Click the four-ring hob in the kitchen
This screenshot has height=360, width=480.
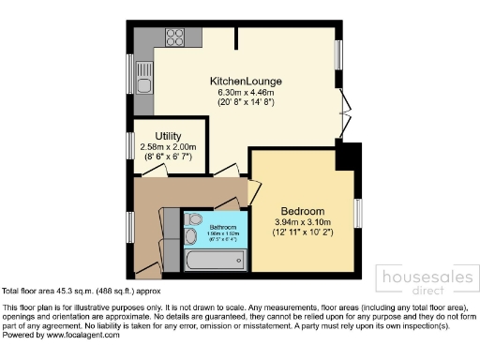coord(174,38)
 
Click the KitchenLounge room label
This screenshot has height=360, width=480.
coord(247,82)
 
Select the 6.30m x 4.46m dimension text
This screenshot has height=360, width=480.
coord(247,93)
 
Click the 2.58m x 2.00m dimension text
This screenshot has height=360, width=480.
coord(166,147)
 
